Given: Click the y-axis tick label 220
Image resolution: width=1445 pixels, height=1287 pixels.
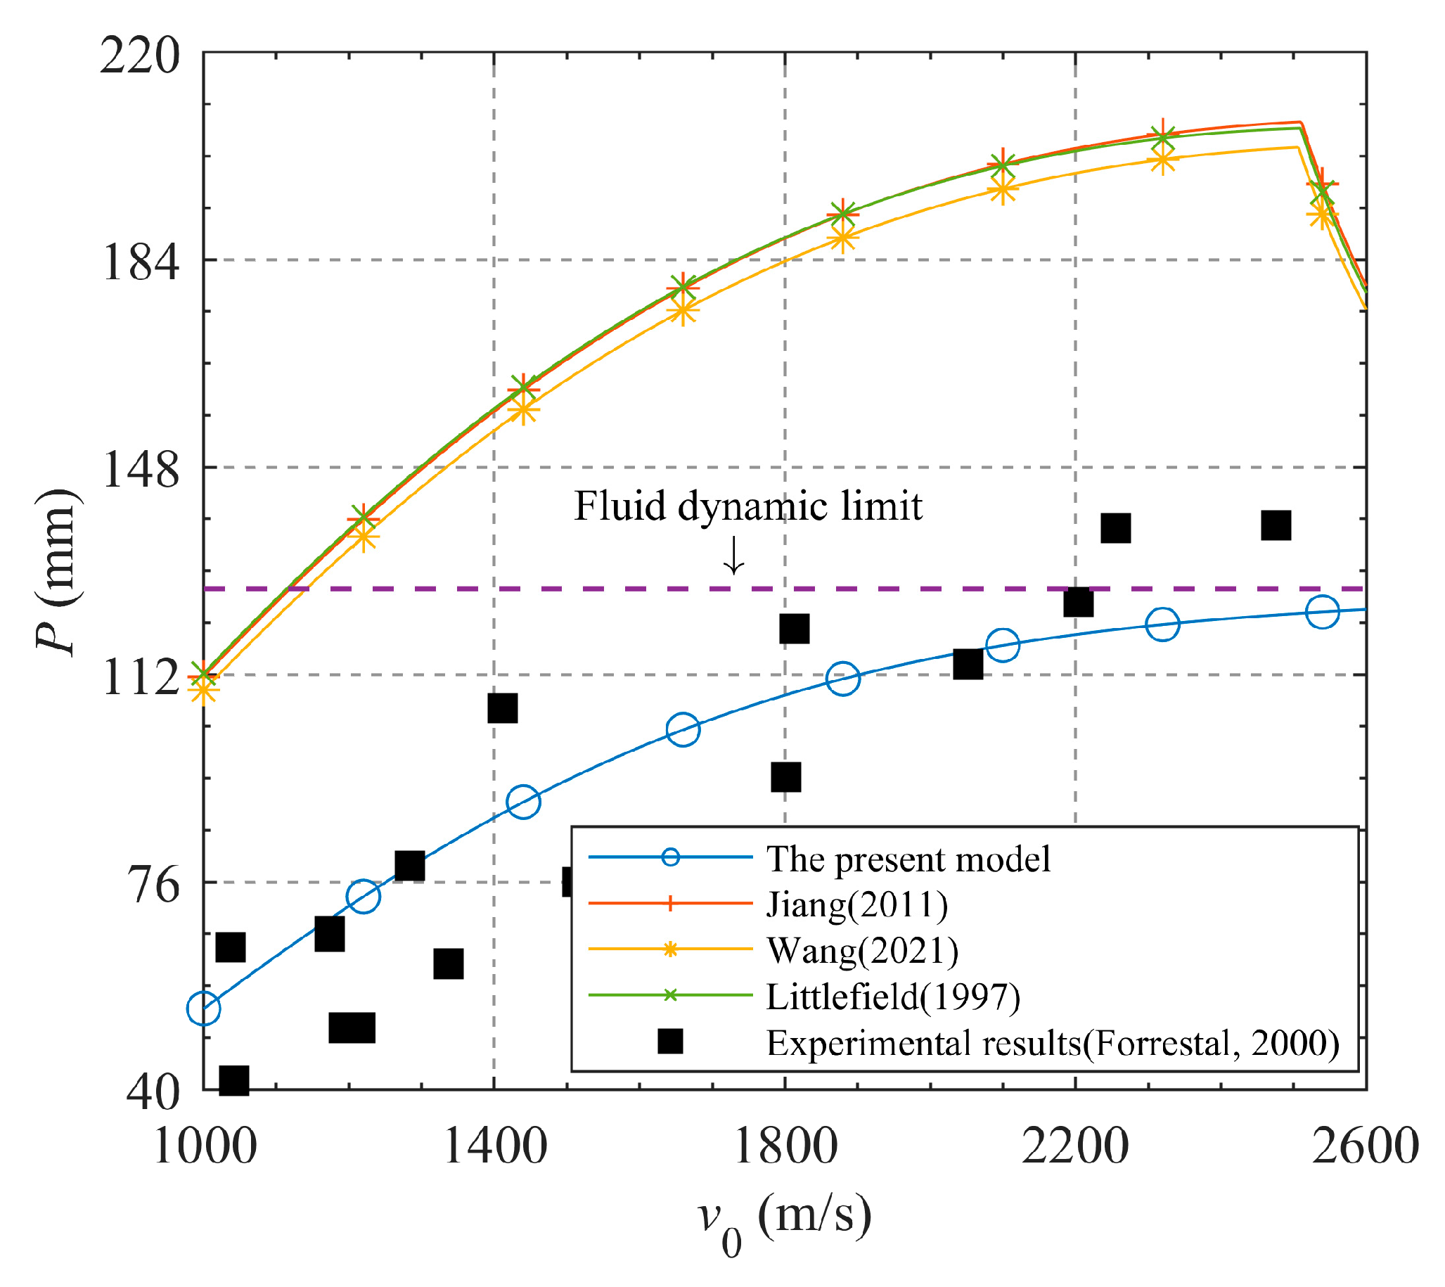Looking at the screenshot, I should coord(140,56).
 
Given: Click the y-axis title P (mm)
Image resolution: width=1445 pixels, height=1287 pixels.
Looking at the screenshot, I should coord(58,572).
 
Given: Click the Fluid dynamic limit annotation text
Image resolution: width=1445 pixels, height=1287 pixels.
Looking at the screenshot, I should coord(748,506).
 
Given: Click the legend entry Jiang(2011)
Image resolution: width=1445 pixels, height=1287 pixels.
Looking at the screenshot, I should coord(857,905).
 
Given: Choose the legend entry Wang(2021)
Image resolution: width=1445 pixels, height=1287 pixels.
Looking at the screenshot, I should coord(863,951).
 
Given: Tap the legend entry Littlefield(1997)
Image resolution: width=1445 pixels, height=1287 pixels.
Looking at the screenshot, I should coord(893,997).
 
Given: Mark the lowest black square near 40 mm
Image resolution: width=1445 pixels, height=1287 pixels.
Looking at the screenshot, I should coord(234,1080).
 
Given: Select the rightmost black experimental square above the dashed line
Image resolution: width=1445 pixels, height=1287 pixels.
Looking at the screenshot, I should coord(1276,526).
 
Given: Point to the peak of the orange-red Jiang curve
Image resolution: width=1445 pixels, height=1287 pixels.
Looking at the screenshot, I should coord(1300,122).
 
